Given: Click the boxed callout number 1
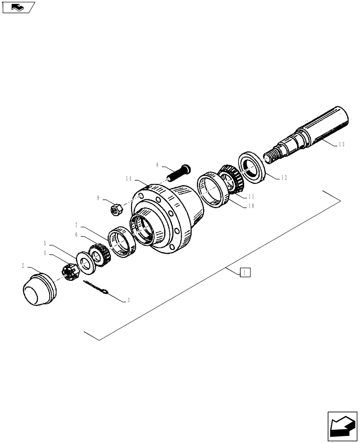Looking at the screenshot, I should pyautogui.click(x=246, y=272).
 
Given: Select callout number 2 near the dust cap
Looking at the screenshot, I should pyautogui.click(x=23, y=266).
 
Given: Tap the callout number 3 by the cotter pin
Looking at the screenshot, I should pyautogui.click(x=128, y=300).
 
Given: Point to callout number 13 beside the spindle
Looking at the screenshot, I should pyautogui.click(x=341, y=144).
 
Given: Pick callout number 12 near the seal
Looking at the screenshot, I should pyautogui.click(x=284, y=177).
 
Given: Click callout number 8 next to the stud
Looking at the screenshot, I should pyautogui.click(x=157, y=165).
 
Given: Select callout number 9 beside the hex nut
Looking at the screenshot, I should pyautogui.click(x=98, y=198).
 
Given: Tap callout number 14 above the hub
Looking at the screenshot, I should pyautogui.click(x=129, y=179).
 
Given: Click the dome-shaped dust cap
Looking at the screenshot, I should pyautogui.click(x=39, y=291).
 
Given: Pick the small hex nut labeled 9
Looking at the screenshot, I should pyautogui.click(x=116, y=208).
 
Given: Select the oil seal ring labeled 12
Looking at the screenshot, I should pyautogui.click(x=252, y=167).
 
